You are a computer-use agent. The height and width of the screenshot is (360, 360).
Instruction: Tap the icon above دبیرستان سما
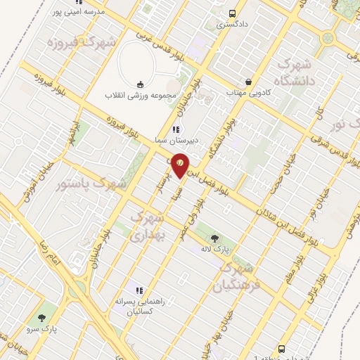tap(176, 129)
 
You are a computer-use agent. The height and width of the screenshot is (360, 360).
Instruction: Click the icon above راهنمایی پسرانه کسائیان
tap(139, 290)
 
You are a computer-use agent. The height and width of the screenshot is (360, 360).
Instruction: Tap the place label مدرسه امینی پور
tap(76, 12)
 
